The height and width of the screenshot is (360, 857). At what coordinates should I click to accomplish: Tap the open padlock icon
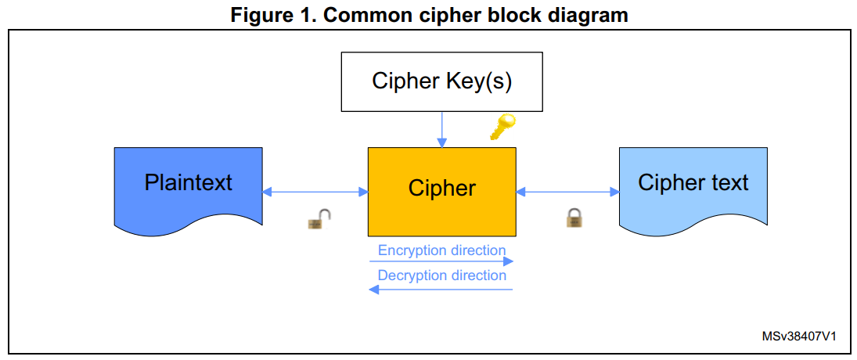tap(319, 220)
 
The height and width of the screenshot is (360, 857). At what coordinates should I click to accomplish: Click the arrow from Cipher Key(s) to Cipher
tap(442, 129)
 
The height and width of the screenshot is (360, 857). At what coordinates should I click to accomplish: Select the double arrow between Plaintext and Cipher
tap(315, 192)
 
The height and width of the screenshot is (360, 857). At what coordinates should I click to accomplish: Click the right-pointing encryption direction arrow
tap(441, 262)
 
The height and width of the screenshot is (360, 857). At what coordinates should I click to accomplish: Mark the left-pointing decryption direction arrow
tap(441, 290)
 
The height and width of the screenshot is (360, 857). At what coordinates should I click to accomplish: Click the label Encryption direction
tap(441, 250)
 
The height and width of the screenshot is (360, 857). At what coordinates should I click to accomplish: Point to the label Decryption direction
tap(441, 275)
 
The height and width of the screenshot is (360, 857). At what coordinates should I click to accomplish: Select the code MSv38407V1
tap(799, 337)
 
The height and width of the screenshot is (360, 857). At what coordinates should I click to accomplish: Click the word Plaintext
tap(188, 182)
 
